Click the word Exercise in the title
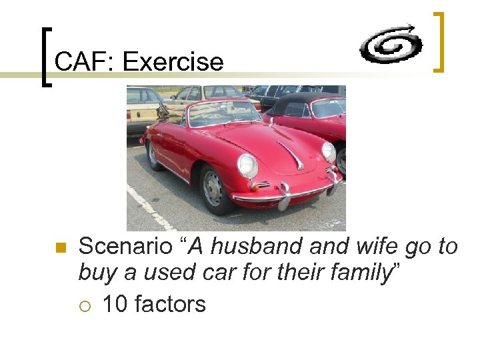click(173, 62)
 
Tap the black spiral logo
click(391, 44)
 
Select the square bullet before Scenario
click(60, 249)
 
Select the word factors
click(170, 305)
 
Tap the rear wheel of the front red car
click(153, 155)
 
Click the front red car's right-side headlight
click(328, 152)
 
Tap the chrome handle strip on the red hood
click(291, 153)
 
